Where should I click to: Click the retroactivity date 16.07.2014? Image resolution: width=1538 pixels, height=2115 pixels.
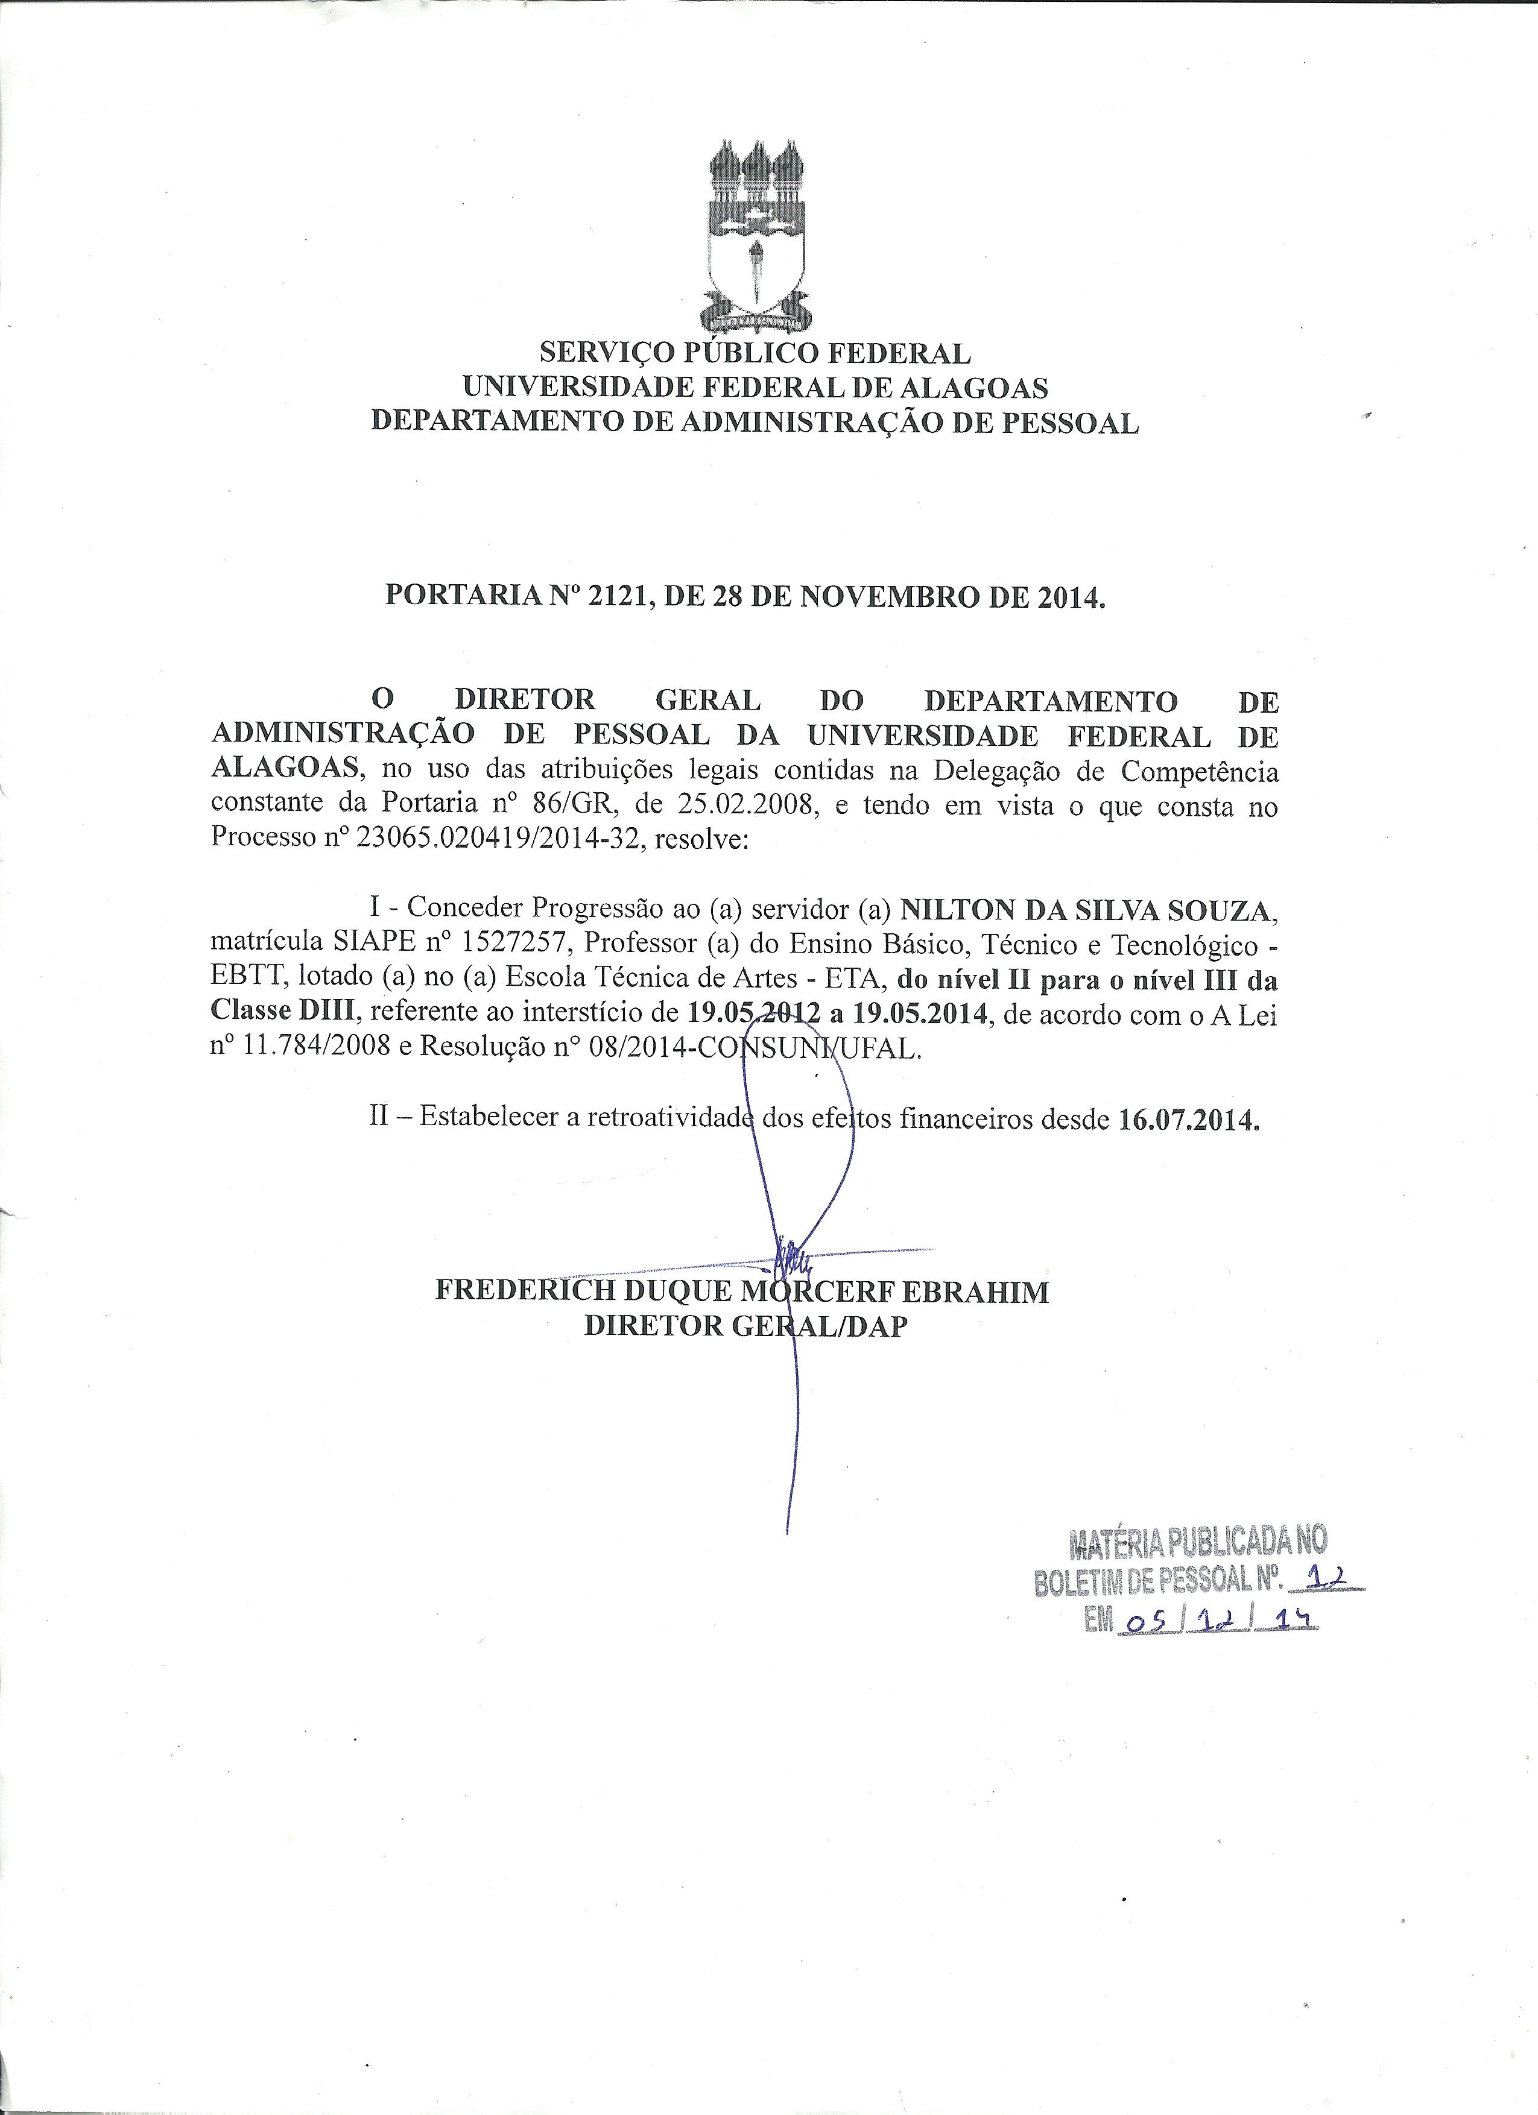pos(1188,1118)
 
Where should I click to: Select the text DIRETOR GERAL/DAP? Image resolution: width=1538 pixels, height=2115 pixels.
pos(745,1326)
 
